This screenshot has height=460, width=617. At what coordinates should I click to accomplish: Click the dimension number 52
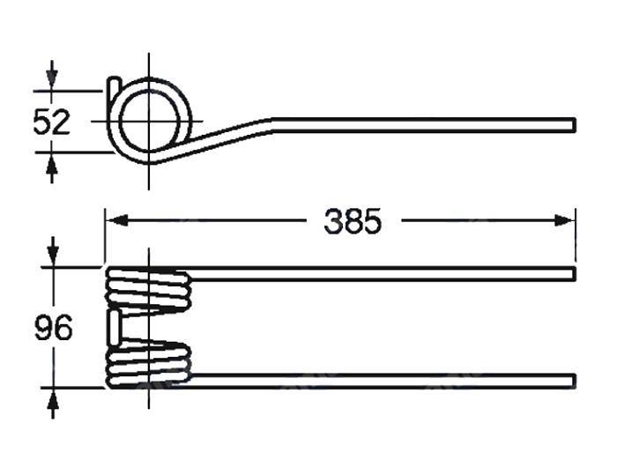coord(51,121)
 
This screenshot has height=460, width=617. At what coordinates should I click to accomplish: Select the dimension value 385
coord(353,222)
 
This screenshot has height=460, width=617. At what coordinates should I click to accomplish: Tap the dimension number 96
coord(53,329)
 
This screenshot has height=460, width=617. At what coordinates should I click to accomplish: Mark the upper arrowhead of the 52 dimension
coord(52,81)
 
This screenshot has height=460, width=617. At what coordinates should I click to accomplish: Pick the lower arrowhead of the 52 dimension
coord(52,160)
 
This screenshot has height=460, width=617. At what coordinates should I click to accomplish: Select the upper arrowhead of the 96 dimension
coord(53,257)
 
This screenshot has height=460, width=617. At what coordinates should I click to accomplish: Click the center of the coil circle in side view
coord(149,121)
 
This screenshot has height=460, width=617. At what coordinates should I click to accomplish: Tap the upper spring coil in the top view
coord(148,289)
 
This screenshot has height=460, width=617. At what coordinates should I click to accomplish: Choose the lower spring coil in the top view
coord(148,364)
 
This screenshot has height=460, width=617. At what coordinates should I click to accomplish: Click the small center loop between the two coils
coord(115,326)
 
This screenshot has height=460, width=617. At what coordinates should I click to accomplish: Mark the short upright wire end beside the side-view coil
coord(114,88)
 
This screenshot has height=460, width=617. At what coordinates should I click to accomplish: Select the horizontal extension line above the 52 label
coord(71,90)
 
